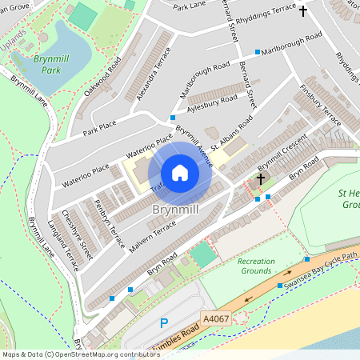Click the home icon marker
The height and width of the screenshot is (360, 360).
(180, 173)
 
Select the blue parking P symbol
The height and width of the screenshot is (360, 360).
(163, 323)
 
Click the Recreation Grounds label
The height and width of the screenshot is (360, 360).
(255, 266)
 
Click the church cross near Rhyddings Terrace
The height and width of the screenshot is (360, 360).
(302, 11)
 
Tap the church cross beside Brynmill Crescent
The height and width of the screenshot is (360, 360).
(260, 179)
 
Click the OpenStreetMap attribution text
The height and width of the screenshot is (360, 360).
(69, 354)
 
